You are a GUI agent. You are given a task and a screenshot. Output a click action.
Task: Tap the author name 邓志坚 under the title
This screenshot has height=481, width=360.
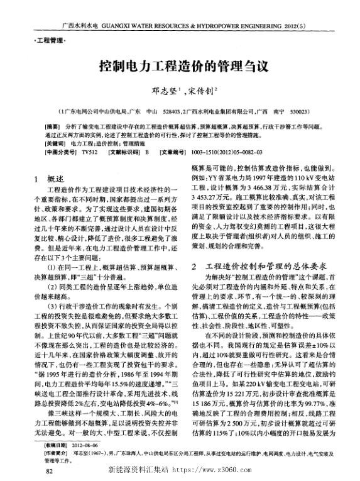click(162, 91)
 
